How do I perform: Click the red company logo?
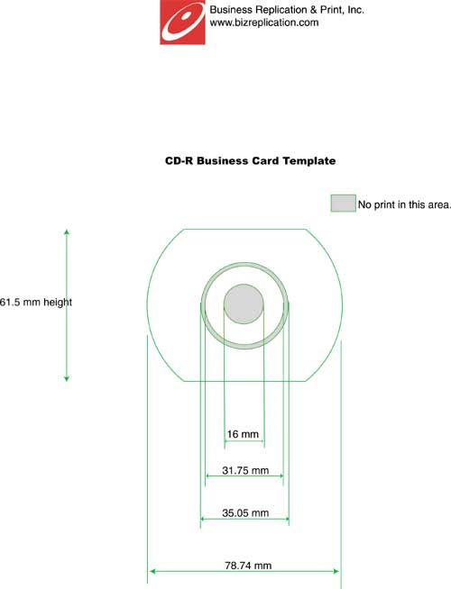[182, 23]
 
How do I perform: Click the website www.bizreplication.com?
[264, 23]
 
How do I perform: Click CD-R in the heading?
[179, 161]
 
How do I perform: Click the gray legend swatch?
[343, 204]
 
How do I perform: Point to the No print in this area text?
[404, 204]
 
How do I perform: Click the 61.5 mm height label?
[36, 302]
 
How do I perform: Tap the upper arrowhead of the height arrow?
[67, 231]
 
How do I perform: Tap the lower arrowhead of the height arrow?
[67, 378]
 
